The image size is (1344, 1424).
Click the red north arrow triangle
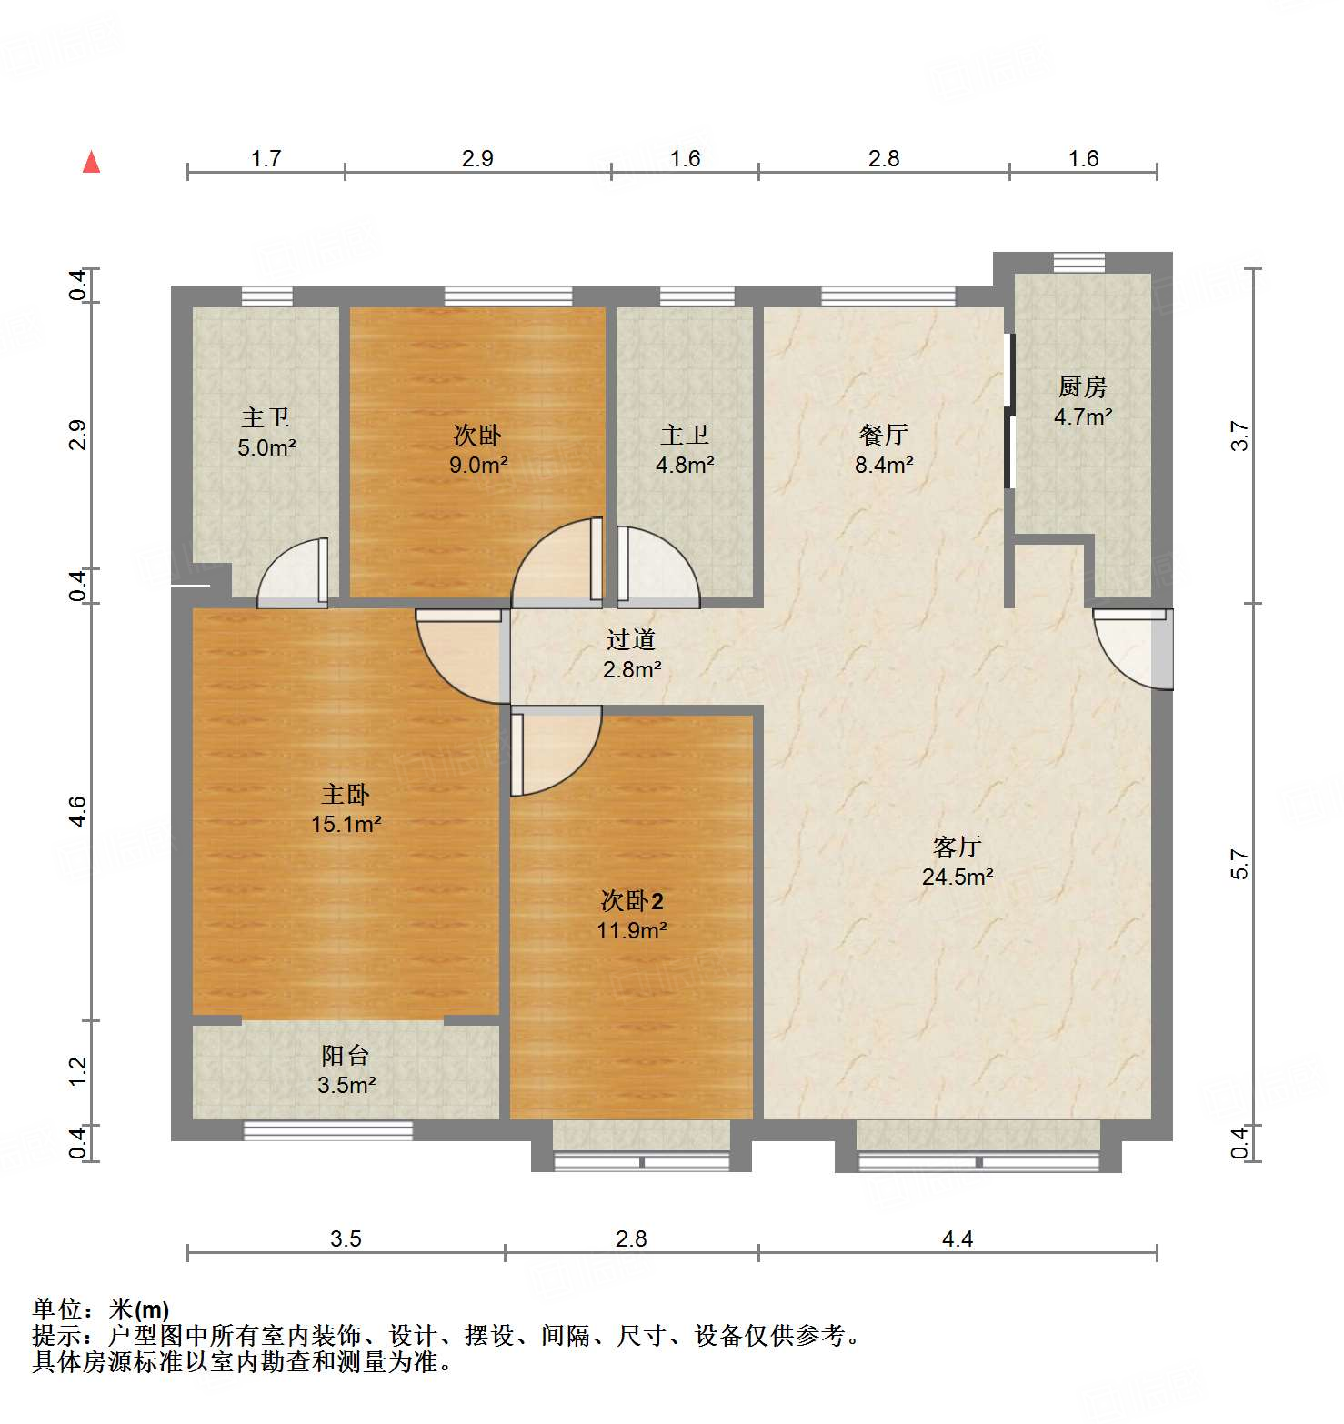pos(91,163)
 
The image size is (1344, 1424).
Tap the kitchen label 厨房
pos(1082,387)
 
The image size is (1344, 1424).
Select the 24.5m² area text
pos(957,877)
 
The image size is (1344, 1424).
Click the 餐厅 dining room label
pos(883,436)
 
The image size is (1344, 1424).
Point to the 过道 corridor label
pos(631,640)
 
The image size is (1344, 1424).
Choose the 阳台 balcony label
pos(346,1056)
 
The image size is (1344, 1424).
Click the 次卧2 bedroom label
pos(632,901)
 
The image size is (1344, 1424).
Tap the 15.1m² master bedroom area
pos(346,825)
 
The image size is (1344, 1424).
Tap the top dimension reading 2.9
pos(477,159)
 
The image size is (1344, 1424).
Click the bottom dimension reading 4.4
pos(957,1239)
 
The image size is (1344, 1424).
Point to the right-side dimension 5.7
pos(1240,864)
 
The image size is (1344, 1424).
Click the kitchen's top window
pos(1079,263)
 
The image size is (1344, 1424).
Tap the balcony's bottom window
pos(328,1130)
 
